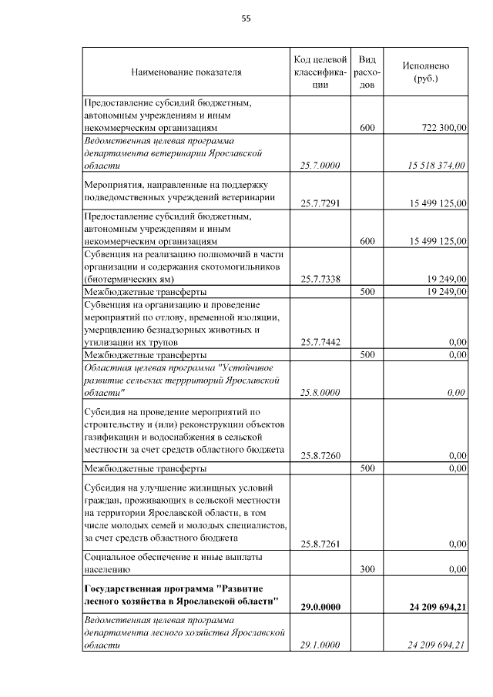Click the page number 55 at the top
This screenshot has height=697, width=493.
coord(246,18)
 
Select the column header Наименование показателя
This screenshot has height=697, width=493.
coord(186,72)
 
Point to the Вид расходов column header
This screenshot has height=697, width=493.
coord(367,72)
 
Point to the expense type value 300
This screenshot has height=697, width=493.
coord(367,569)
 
